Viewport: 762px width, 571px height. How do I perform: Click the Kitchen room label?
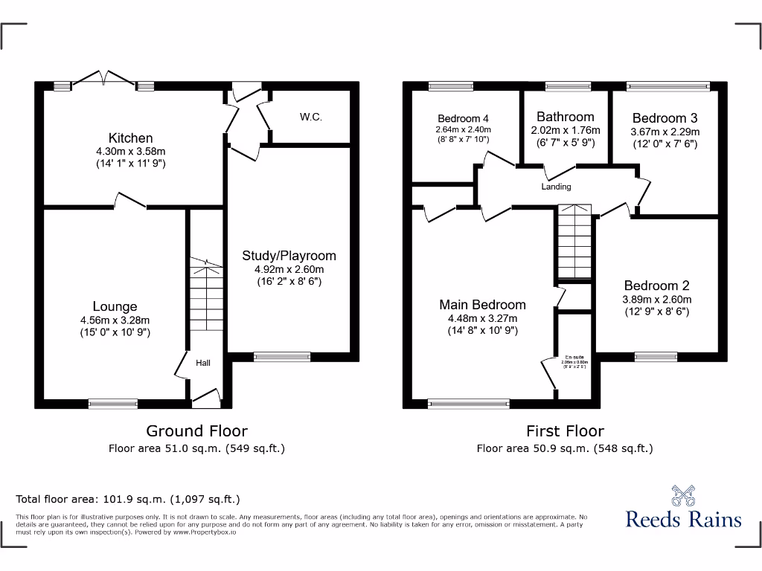131,138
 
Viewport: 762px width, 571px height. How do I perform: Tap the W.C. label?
311,117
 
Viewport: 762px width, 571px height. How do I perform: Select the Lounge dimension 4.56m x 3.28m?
115,320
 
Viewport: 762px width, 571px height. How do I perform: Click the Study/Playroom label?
289,256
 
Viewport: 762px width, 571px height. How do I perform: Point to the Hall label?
203,363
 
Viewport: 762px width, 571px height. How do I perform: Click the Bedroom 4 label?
463,118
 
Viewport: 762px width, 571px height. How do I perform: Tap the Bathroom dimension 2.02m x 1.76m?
566,130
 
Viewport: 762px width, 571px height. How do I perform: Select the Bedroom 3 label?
665,118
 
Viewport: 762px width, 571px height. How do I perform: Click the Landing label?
556,187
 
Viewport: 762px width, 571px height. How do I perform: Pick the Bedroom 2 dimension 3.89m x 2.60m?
657,300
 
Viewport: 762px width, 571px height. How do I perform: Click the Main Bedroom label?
482,305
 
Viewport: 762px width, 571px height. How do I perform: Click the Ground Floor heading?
196,430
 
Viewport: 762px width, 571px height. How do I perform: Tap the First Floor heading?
565,430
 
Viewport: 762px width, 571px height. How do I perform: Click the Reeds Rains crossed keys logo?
683,495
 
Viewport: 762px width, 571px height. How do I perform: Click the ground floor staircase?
205,297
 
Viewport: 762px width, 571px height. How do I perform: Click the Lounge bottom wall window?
113,404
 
